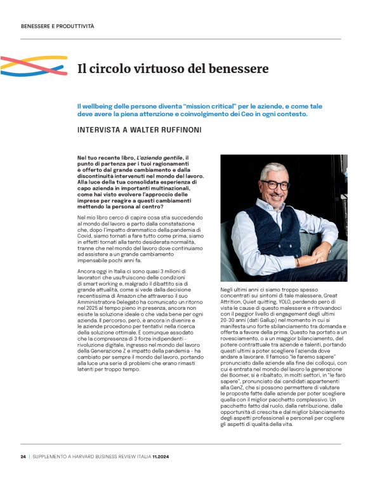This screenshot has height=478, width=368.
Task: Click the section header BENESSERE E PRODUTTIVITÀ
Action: [57, 27]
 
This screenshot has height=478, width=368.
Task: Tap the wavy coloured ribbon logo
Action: [34, 65]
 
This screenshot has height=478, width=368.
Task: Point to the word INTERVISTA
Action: [100, 129]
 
